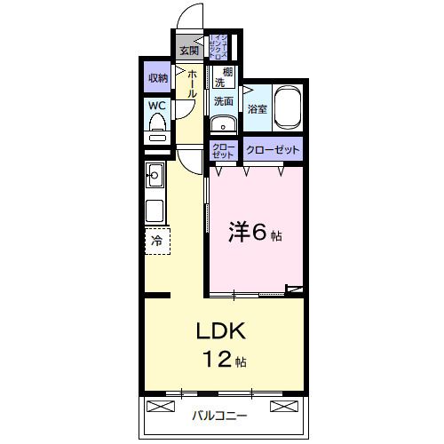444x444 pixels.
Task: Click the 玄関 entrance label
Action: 189,49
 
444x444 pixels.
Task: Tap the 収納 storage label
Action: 157,78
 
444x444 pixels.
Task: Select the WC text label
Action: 156,106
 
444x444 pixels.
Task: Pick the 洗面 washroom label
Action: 223,101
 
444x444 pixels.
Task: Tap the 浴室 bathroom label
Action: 257,110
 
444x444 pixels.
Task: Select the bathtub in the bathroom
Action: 288,108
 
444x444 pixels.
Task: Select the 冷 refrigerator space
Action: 156,240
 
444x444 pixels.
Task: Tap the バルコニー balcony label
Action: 218,415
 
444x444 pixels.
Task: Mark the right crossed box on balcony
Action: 281,407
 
